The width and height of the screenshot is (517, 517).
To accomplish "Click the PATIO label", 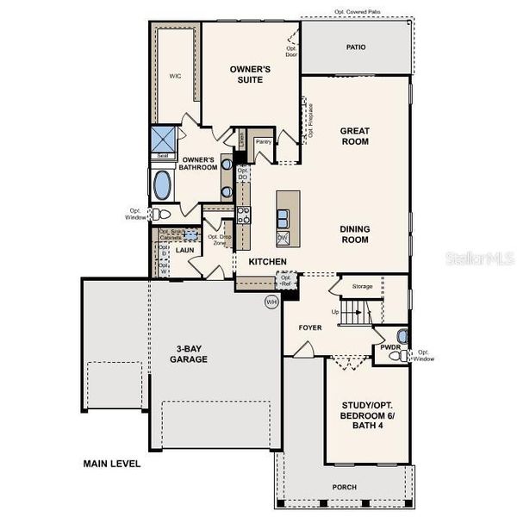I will tap(355, 48).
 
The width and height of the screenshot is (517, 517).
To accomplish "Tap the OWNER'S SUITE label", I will tap(251, 74).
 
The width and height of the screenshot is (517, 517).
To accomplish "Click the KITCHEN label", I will tap(267, 261).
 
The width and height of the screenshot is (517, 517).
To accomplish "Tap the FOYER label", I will tap(310, 327).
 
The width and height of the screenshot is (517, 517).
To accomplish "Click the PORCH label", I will tap(344, 487).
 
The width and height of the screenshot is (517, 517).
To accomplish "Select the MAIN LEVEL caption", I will tap(111, 464).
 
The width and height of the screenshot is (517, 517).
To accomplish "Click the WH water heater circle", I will tap(271, 302).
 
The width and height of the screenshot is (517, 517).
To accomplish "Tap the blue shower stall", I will tap(162, 140).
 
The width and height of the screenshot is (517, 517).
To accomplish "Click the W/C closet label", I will tap(175, 76).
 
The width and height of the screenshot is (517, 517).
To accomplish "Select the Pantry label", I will tap(264, 141).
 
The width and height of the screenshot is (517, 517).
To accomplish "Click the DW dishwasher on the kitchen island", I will tap(283, 237).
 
